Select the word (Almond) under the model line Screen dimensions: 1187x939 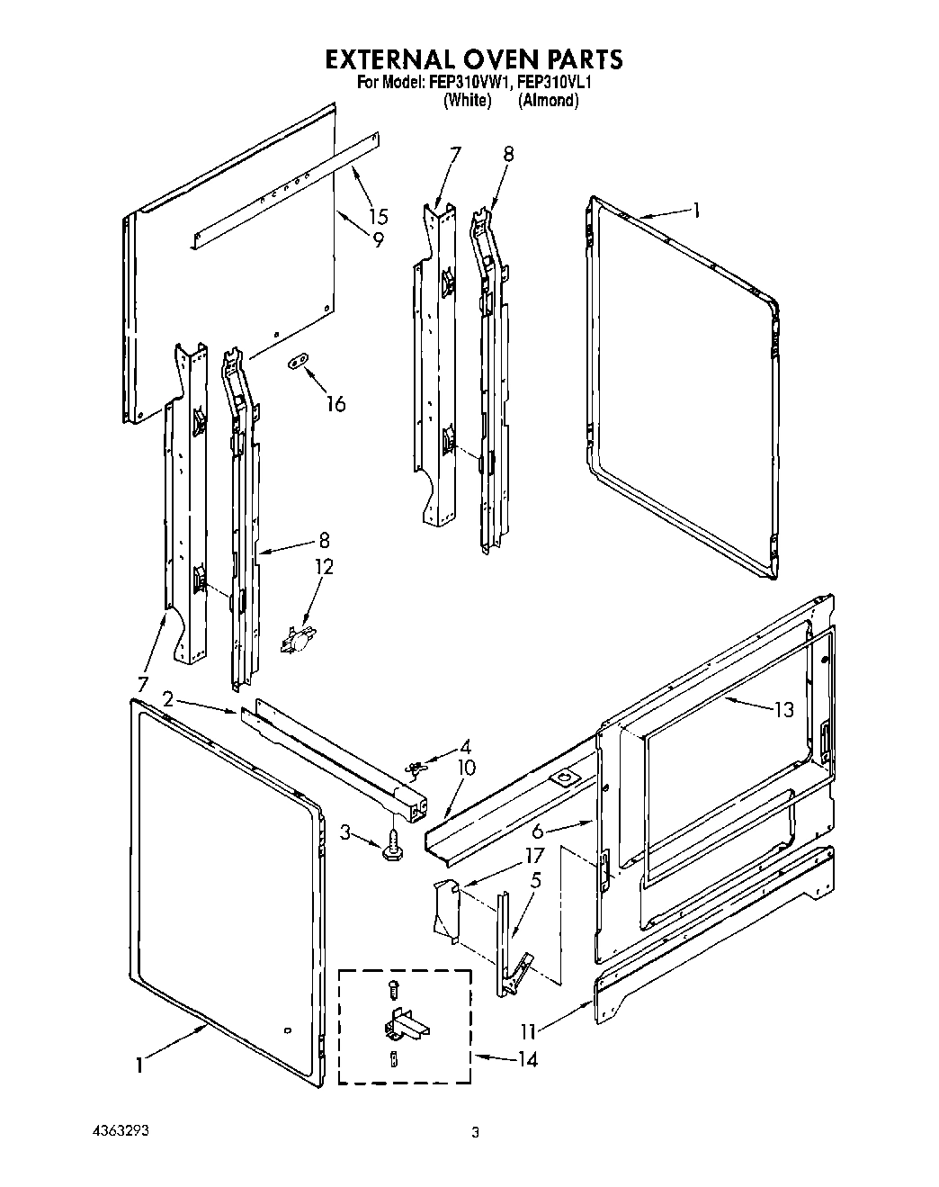click(x=548, y=101)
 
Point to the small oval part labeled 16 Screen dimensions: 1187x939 click(x=297, y=362)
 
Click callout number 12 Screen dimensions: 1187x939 click(x=323, y=567)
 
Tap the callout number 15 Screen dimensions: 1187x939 click(x=378, y=217)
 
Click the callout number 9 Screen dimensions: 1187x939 click(x=378, y=239)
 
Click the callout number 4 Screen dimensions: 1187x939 click(x=464, y=746)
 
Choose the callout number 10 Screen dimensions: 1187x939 click(x=466, y=768)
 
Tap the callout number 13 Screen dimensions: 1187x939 click(x=783, y=709)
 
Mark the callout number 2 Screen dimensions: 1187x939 click(x=168, y=699)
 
